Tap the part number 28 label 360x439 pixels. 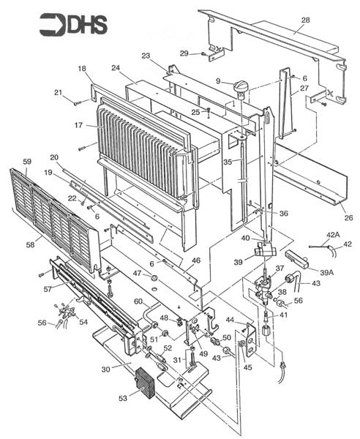coord(306,20)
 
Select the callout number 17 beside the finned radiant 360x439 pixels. coord(79,125)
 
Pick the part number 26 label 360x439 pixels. coord(348,217)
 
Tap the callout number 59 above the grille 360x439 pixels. coord(27,162)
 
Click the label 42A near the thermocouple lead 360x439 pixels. coord(333,235)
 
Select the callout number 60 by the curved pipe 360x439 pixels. coord(138,301)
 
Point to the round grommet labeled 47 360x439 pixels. coord(154,278)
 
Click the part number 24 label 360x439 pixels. coord(116,68)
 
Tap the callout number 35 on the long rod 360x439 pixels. coord(228,162)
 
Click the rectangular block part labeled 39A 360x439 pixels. coord(296,259)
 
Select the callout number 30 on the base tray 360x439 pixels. coord(106,369)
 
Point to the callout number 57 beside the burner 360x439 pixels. coord(48,289)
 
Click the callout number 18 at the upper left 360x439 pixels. coord(82,69)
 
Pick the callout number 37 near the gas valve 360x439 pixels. coord(280,269)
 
